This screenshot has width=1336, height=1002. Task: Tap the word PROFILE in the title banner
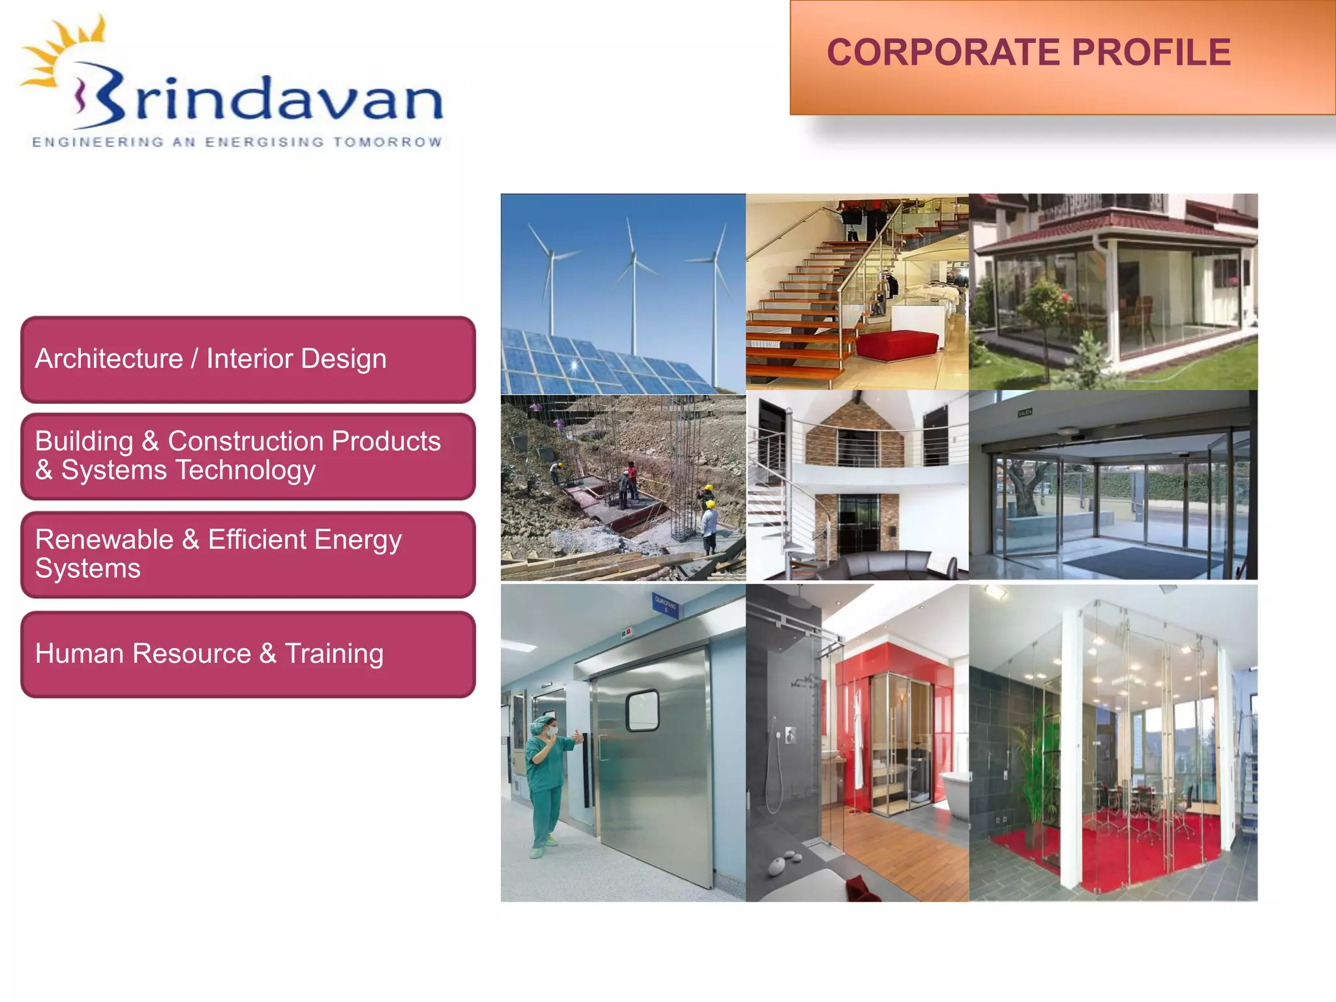point(1151,52)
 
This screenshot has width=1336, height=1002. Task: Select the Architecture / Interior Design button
point(248,359)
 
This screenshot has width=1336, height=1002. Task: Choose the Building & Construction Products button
point(248,456)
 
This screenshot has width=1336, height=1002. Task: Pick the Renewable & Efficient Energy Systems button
point(248,554)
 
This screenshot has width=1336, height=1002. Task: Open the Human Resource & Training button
point(248,654)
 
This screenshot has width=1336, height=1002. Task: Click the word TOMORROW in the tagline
point(387,142)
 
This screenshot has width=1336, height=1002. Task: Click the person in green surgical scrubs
point(545,783)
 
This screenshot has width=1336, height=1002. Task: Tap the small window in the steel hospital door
point(642,710)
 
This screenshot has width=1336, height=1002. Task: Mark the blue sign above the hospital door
point(665,605)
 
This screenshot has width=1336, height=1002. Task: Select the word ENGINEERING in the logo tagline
point(98,142)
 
